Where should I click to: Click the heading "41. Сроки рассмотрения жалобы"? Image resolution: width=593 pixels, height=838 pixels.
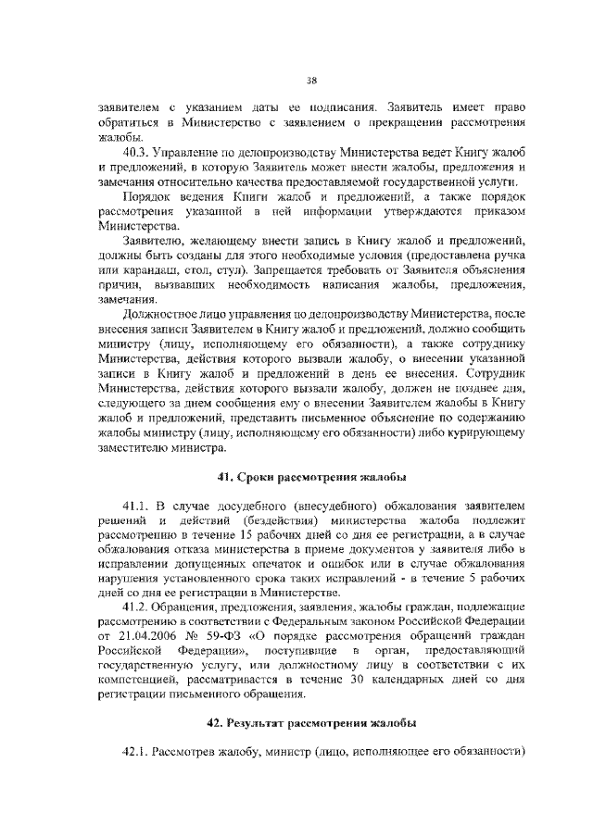point(312,477)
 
